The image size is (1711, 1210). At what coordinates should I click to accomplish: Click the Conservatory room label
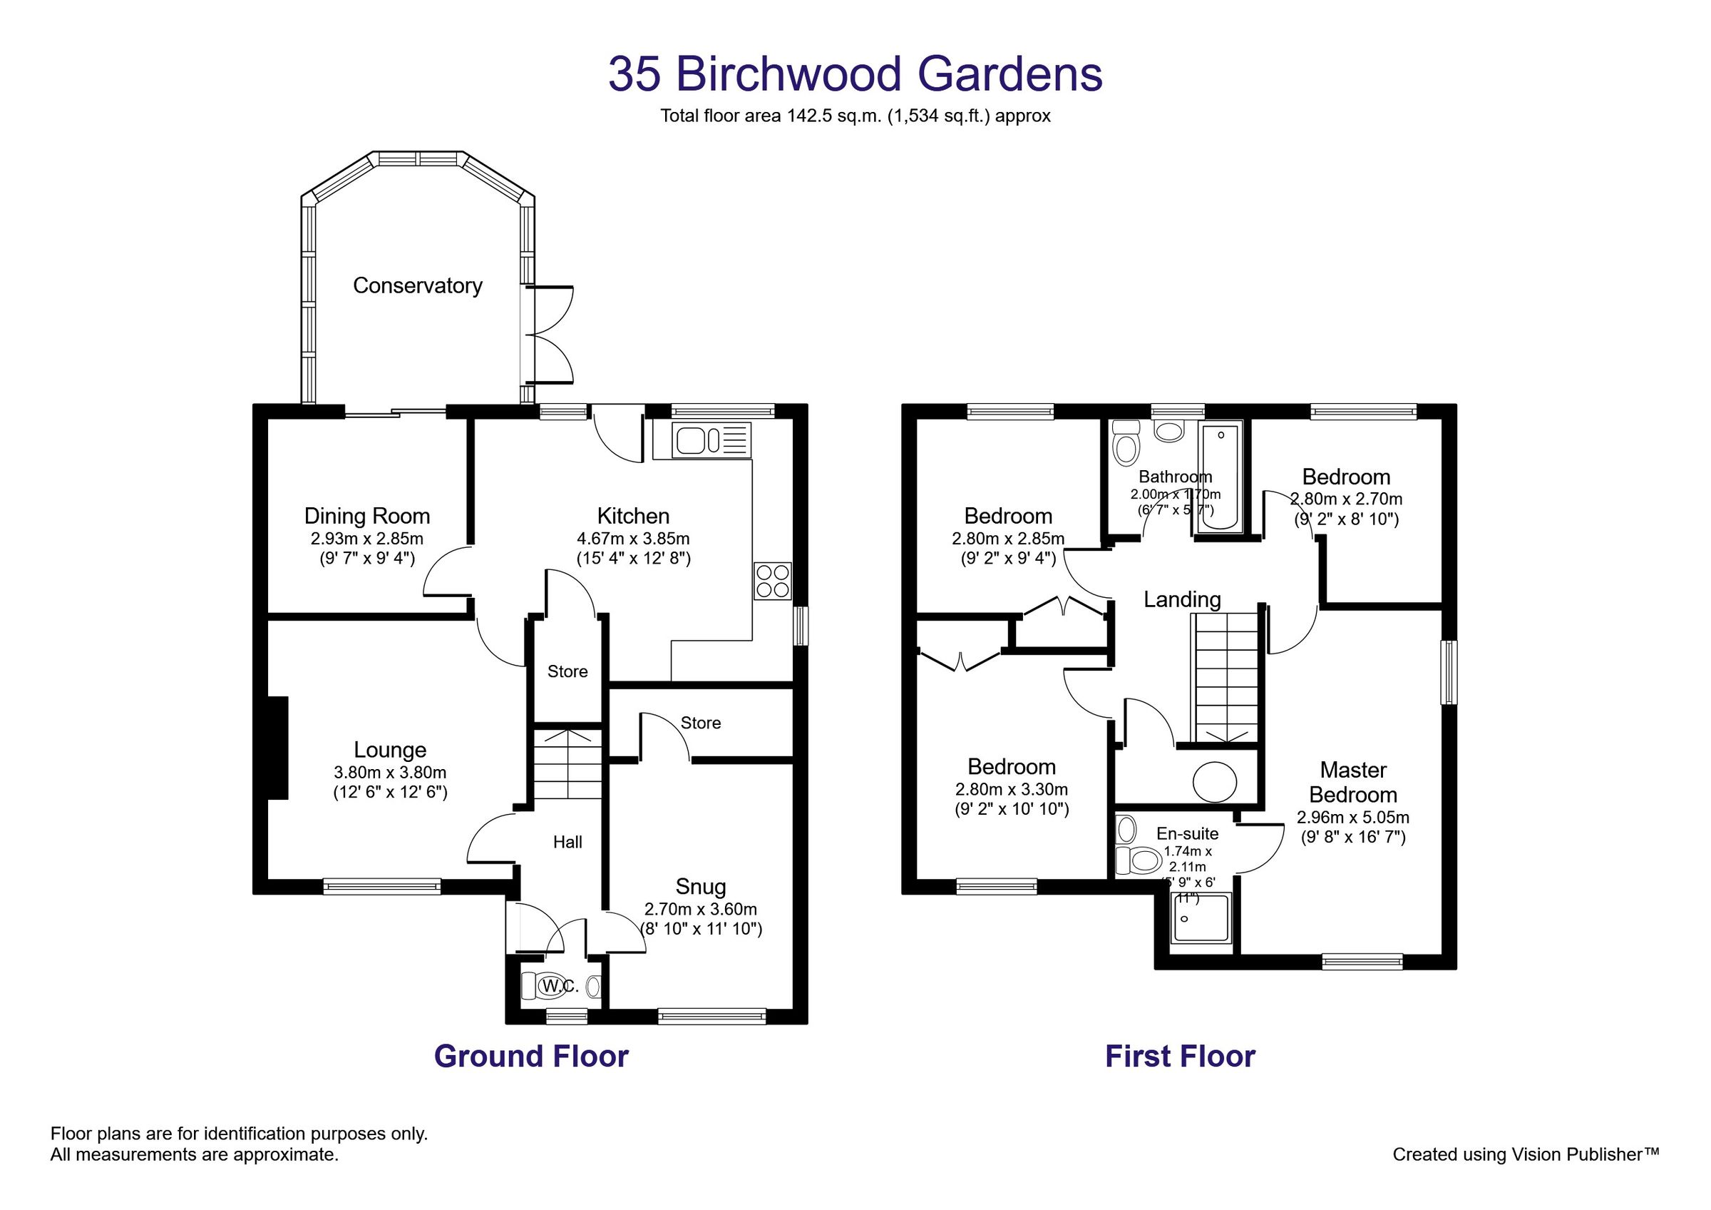[417, 285]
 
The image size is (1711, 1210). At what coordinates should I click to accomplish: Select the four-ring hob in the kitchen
[772, 581]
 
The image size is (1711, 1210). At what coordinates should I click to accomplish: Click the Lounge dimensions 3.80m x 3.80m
[390, 773]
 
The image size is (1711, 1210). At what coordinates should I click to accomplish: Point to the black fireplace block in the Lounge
[278, 748]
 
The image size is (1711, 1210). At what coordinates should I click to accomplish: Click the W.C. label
[560, 987]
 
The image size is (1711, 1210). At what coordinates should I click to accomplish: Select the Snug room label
[701, 886]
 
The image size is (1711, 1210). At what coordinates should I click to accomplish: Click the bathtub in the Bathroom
[1220, 477]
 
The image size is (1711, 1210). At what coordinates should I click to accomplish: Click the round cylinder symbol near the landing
[1215, 782]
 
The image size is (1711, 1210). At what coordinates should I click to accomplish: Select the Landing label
[1182, 599]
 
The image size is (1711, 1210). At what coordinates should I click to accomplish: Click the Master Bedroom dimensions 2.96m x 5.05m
[1352, 818]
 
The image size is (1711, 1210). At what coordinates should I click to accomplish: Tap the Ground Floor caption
[530, 1057]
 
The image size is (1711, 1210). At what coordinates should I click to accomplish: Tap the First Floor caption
[1180, 1057]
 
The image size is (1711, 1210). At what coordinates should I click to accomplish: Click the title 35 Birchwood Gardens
[855, 73]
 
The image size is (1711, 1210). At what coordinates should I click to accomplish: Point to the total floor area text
[855, 116]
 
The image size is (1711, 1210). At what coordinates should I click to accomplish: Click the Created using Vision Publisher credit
[1526, 1155]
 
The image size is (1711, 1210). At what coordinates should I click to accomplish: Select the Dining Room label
[366, 516]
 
